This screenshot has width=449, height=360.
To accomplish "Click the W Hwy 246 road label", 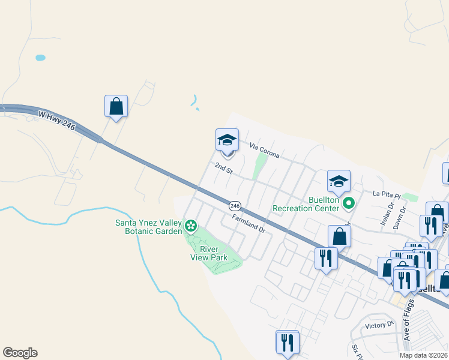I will click(x=56, y=122).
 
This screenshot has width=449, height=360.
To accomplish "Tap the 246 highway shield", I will click(x=235, y=205).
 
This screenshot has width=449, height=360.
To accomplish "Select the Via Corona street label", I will click(x=265, y=151).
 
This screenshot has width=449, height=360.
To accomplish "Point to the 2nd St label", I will click(x=223, y=168).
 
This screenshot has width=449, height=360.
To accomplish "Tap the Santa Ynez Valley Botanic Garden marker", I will click(x=191, y=226).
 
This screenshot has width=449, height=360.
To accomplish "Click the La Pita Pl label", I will click(x=385, y=194).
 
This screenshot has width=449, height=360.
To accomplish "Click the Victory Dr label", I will click(x=379, y=326).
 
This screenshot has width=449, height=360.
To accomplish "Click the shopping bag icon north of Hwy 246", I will click(x=116, y=106).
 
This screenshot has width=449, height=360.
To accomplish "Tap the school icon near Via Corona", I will click(x=227, y=140).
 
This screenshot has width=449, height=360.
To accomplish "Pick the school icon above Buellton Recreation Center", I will click(x=339, y=181).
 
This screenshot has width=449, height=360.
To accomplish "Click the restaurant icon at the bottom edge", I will click(x=287, y=342).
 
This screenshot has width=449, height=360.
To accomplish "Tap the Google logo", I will click(x=20, y=353).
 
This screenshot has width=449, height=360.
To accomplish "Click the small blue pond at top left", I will click(x=40, y=58).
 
